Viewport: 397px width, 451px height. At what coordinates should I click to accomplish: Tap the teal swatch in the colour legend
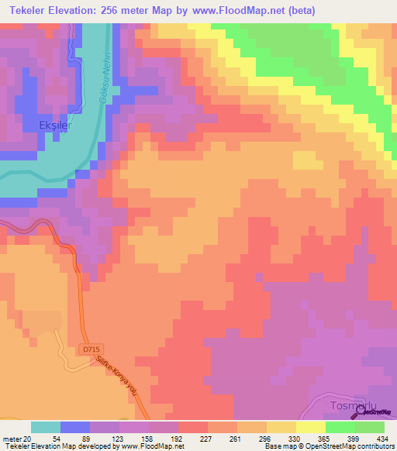pyautogui.click(x=46, y=426)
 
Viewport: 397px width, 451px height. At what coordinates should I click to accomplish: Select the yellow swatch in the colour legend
pyautogui.click(x=310, y=426)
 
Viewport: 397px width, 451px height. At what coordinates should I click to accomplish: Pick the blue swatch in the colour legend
pyautogui.click(x=74, y=426)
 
